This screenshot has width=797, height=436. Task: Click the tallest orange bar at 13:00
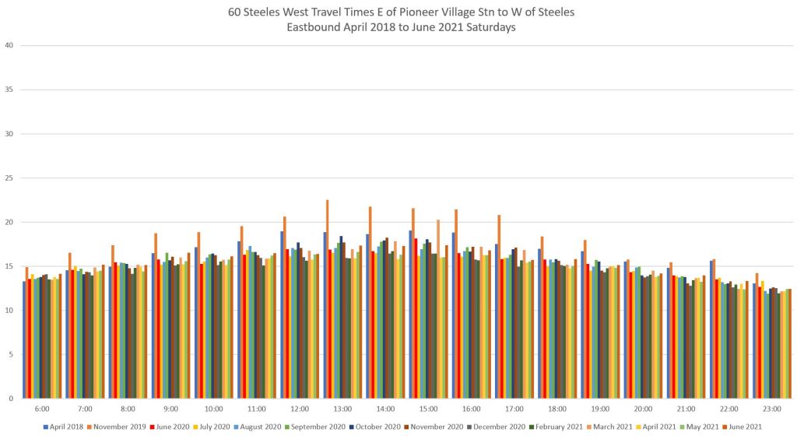tap(327, 299)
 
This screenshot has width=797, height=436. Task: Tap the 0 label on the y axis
tap(11, 399)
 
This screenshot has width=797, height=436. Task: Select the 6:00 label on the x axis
tap(43, 409)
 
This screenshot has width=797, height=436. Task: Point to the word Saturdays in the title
tap(493, 27)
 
